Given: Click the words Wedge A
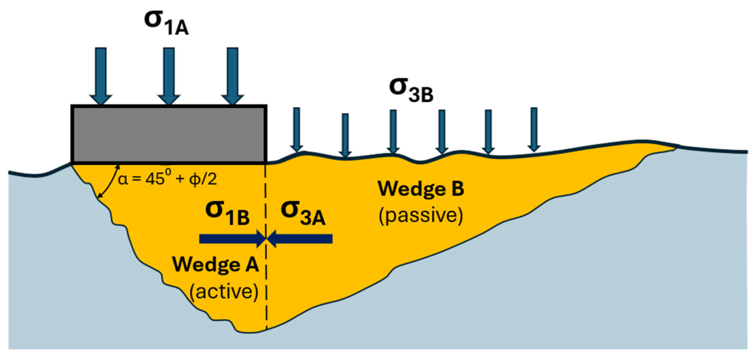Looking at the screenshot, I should (x=215, y=264).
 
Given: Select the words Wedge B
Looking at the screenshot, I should (x=421, y=189).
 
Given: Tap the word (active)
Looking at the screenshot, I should (x=224, y=291).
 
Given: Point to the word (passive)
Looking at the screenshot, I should (x=421, y=215).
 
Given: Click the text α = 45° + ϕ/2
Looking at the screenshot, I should (x=167, y=179).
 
